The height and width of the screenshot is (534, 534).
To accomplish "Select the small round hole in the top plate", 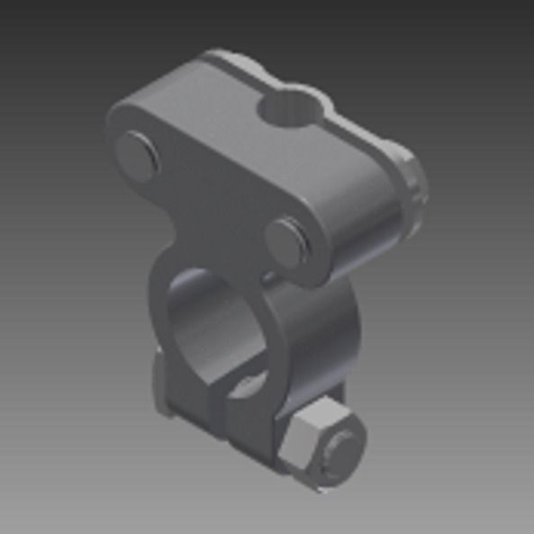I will [289, 109].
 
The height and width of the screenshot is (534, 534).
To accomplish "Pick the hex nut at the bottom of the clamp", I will [315, 446].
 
